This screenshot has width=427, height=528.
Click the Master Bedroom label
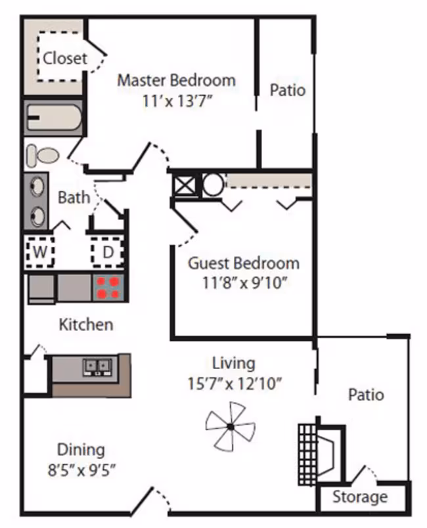[176, 81]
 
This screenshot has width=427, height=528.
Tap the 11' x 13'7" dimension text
[177, 100]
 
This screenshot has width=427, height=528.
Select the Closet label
[65, 58]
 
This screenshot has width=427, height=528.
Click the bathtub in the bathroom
[54, 118]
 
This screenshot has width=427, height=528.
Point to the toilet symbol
[43, 156]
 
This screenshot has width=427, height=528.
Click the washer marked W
[40, 252]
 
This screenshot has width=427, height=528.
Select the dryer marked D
[108, 252]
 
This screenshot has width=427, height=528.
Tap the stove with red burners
[108, 288]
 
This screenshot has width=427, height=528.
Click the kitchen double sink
[97, 367]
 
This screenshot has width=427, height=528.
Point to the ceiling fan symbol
[231, 427]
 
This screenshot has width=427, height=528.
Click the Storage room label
[360, 497]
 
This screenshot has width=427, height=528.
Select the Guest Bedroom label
[244, 263]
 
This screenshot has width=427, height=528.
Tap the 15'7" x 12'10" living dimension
[235, 384]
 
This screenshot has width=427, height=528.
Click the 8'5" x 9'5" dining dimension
[81, 470]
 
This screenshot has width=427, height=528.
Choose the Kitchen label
[86, 324]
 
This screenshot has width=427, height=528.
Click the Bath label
[74, 198]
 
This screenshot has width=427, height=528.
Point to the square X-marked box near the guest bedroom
[184, 185]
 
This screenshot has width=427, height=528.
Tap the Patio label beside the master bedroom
[288, 90]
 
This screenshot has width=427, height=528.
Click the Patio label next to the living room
[366, 395]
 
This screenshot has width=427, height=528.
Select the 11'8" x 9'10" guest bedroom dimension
[244, 283]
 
